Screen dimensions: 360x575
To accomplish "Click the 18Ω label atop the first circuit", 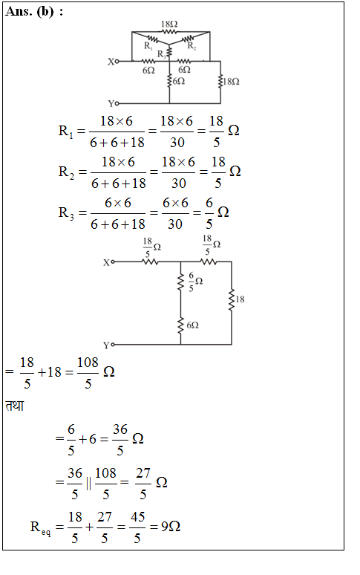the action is (x=169, y=25).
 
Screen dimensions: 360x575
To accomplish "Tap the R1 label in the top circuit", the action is (x=148, y=46).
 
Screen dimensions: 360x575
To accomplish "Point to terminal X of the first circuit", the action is (x=117, y=61).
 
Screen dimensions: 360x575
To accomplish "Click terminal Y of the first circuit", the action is (x=117, y=103).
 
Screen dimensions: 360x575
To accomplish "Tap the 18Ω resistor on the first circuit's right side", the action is (x=220, y=82).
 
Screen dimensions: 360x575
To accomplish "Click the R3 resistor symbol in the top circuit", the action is (x=169, y=53).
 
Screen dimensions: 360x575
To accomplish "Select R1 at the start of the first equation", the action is (x=66, y=131).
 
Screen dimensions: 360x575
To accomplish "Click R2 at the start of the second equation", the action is (x=66, y=172).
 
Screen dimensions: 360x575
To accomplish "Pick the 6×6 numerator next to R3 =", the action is (x=118, y=202).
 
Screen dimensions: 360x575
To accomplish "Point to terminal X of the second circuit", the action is (x=113, y=261).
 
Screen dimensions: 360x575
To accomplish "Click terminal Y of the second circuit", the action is (x=113, y=345).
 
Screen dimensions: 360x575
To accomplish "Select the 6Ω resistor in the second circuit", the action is (x=180, y=326).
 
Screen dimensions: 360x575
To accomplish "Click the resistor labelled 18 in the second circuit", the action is (x=231, y=300).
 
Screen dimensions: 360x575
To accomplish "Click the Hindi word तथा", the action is (x=15, y=406).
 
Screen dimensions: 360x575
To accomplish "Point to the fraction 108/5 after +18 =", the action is (x=88, y=373).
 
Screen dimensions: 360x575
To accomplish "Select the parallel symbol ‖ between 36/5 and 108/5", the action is (x=88, y=484).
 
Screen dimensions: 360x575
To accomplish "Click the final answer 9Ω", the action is (x=171, y=527).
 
